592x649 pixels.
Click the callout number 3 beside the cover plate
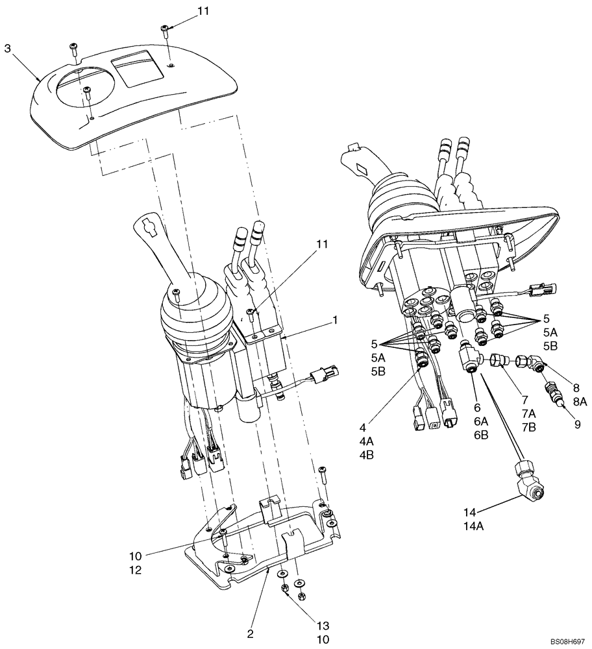[x=8, y=48]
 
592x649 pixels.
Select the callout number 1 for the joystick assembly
[x=335, y=320]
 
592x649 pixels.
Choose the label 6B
[x=480, y=435]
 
